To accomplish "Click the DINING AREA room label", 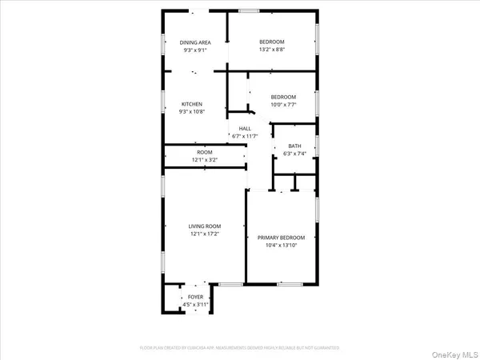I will [195, 42].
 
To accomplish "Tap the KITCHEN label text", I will [191, 104].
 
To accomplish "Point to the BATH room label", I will [294, 146].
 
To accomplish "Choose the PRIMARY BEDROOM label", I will [281, 238].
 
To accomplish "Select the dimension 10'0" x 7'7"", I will [282, 105].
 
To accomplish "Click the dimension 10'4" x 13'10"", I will [281, 246].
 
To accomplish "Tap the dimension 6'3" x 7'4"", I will [294, 154].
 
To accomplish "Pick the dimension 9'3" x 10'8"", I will [191, 112].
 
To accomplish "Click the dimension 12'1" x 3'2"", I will [204, 160].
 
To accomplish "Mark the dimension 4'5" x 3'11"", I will [195, 305].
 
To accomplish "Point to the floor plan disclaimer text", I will [239, 348].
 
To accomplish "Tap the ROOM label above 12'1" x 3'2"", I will [204, 152].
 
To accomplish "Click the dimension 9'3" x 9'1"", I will [195, 50].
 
